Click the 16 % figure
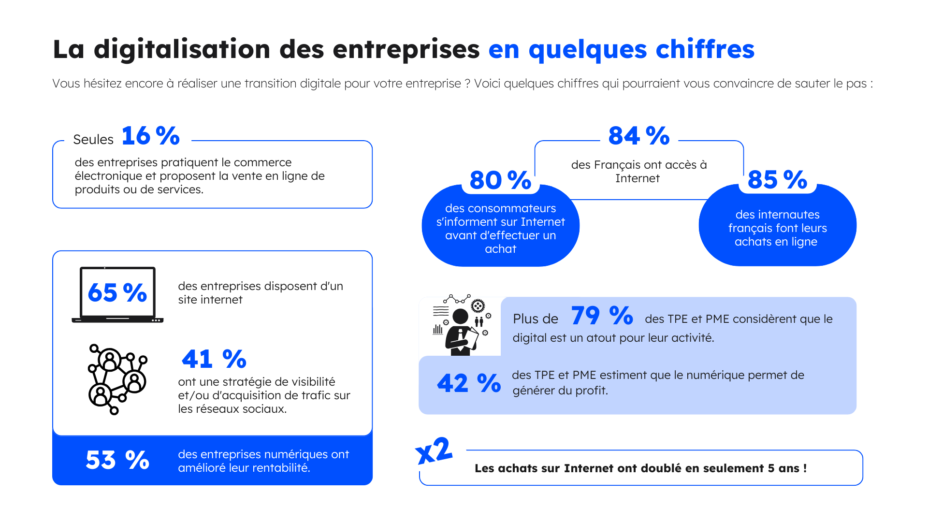point(150,136)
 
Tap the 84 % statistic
point(638,136)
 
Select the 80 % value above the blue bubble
point(500,180)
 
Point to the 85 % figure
point(777,180)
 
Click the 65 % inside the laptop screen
point(117,293)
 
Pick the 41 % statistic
point(214,359)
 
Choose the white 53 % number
point(117,460)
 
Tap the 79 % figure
point(602,316)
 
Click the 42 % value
point(469,384)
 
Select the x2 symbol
point(434,451)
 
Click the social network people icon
point(117,379)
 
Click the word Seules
point(93,140)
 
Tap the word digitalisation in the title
point(182,49)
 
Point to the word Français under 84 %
point(617,165)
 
